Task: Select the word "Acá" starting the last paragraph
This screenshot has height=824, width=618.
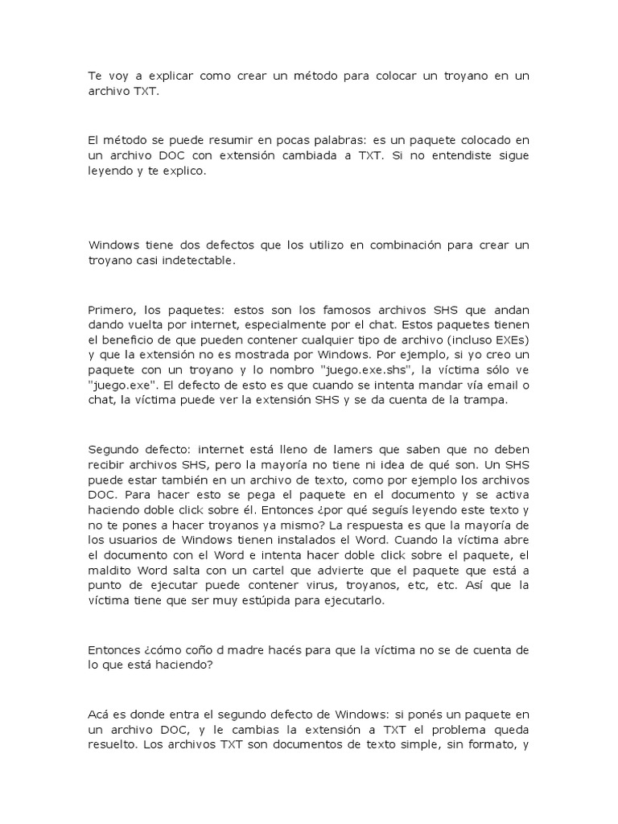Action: pos(98,715)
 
